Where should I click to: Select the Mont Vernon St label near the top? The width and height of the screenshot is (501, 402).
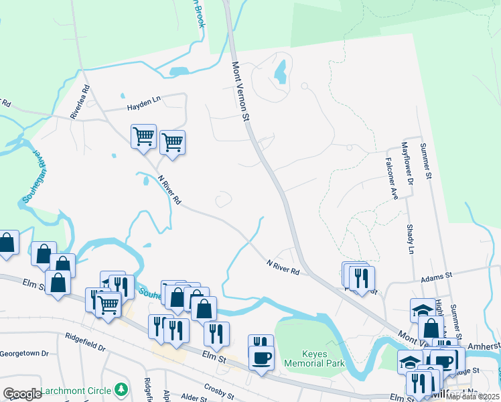(240, 92)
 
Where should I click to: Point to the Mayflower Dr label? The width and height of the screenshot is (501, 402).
(407, 163)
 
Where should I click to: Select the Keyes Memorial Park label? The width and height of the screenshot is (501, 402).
(314, 358)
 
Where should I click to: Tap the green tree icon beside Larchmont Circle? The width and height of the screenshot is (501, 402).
(121, 389)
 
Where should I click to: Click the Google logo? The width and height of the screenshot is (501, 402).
(22, 394)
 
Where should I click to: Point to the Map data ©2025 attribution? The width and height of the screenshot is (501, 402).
(472, 397)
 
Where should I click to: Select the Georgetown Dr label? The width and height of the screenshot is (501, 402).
(25, 353)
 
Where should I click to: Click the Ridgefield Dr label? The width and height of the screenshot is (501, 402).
(86, 344)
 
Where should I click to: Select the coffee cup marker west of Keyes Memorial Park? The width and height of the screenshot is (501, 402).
(261, 357)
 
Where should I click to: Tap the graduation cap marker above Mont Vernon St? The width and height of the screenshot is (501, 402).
(422, 310)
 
